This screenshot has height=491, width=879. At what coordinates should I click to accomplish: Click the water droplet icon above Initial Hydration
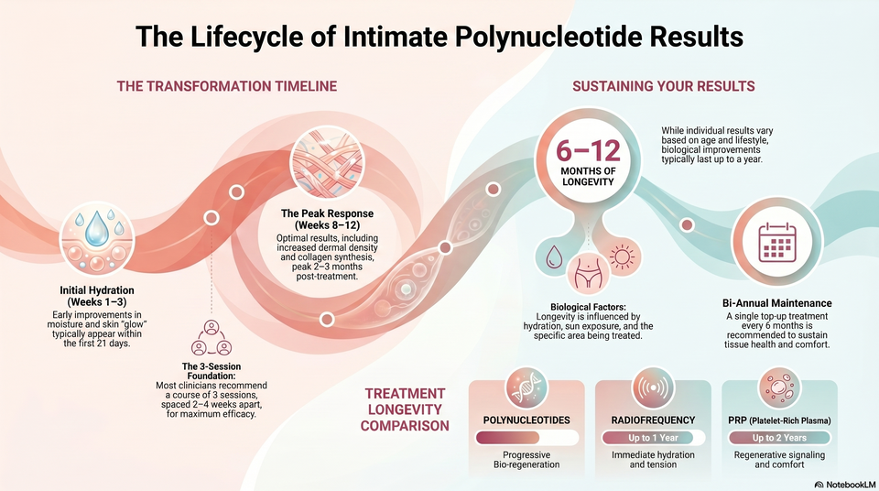97,238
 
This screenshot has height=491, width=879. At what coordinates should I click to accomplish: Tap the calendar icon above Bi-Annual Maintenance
777,243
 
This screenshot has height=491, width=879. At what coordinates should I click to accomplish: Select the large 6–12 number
588,150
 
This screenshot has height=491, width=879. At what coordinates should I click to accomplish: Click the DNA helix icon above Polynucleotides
526,387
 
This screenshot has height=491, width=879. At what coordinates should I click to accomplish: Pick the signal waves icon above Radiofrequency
653,387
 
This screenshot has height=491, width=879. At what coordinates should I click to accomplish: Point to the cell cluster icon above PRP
779,387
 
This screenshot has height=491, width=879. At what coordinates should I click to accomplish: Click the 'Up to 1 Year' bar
653,438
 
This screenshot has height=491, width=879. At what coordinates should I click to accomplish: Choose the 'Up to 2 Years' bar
779,438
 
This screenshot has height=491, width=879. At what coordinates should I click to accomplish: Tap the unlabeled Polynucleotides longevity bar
526,438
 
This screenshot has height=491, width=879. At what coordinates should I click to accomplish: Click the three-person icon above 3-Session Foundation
212,337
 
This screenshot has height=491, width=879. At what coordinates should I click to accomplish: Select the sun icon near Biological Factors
622,257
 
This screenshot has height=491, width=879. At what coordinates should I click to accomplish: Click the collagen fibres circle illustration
328,163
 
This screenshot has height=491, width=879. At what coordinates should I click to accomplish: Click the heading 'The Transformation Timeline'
227,86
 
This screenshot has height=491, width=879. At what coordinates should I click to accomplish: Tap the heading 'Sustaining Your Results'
664,86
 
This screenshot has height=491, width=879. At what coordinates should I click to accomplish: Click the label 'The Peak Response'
328,213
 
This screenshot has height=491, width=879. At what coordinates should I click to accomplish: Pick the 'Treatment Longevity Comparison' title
405,409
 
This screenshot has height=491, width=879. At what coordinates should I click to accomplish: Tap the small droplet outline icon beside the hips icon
555,257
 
